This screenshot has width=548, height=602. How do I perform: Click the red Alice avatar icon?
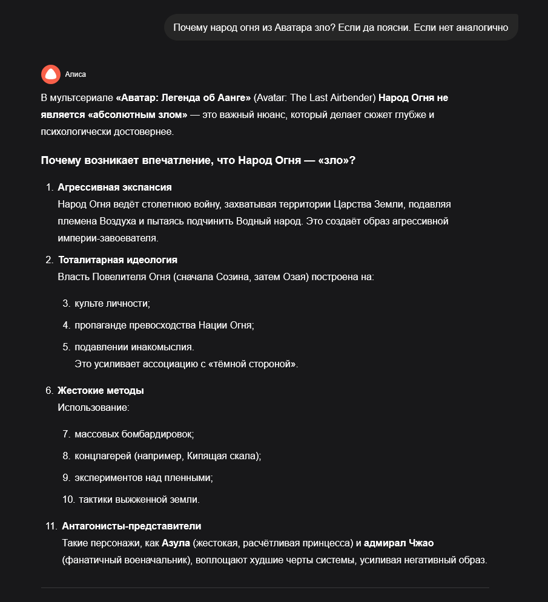point(51,74)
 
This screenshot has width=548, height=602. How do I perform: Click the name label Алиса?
point(76,74)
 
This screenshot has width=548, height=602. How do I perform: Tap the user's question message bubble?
point(340,27)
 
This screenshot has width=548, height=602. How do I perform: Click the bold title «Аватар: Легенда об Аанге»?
point(183,97)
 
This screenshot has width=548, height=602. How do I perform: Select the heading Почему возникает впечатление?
point(198,160)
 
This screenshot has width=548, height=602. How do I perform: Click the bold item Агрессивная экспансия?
point(114,187)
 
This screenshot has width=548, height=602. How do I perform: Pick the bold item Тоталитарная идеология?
point(117,260)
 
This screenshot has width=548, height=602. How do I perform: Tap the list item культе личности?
point(112,303)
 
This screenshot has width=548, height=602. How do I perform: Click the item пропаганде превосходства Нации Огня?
point(164,325)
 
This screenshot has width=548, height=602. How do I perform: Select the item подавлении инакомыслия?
point(134,347)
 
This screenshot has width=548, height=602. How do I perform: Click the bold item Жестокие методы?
point(101,390)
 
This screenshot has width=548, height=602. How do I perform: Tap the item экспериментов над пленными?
point(144,477)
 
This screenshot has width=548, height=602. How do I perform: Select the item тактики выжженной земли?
point(139,499)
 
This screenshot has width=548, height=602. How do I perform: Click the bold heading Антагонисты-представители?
point(131,526)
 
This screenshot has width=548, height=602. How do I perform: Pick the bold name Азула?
point(176,543)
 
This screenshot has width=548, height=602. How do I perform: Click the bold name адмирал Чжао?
point(399,543)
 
